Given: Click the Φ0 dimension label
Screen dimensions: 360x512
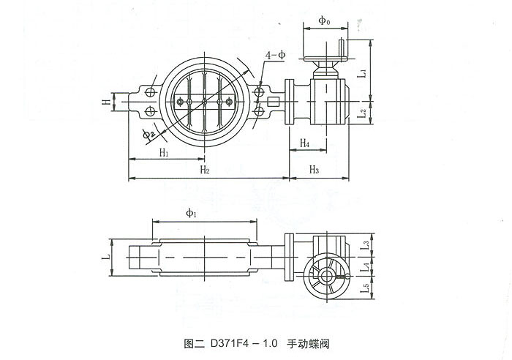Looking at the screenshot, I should coord(324,21).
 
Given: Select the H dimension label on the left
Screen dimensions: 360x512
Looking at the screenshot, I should coord(106,102).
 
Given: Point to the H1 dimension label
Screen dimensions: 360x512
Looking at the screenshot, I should coord(164,152).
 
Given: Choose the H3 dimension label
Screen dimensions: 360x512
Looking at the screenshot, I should coord(314,170).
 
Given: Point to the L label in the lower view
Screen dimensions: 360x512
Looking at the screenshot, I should coord(107,257).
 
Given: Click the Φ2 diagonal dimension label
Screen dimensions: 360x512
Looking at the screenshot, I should coord(149,132).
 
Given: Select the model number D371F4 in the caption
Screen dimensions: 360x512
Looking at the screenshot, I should coord(231,342).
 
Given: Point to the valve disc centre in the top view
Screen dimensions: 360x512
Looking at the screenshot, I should coord(204,100).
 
